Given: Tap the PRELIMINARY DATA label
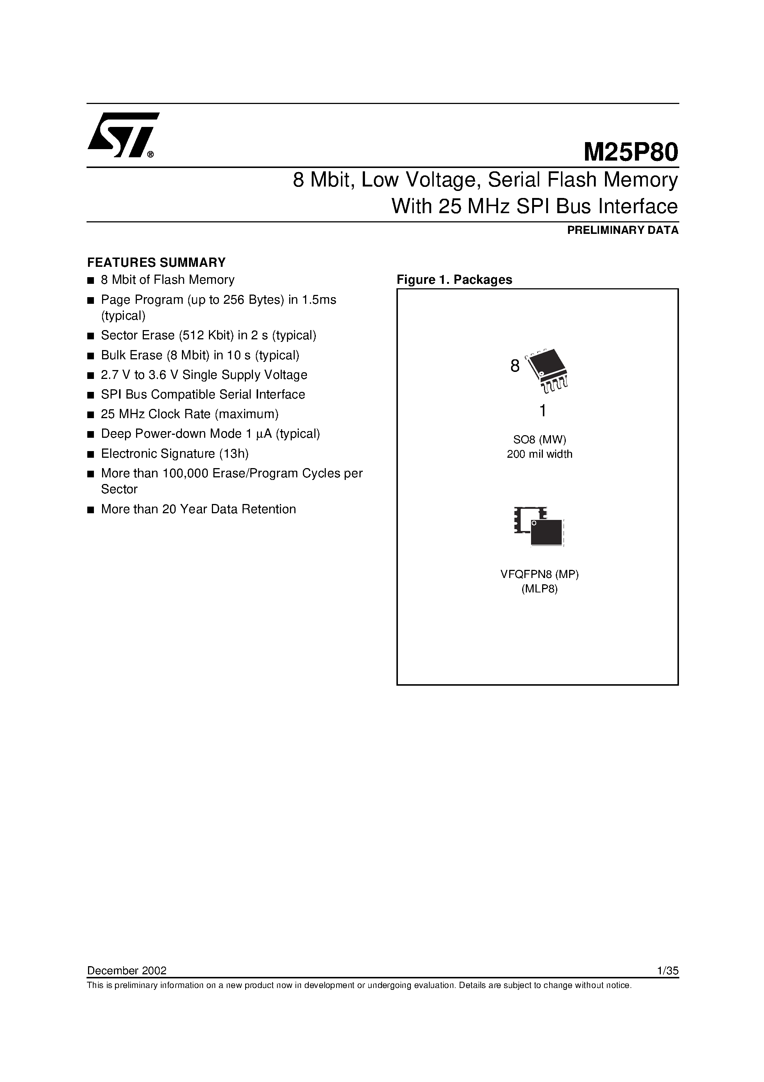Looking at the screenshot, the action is (x=623, y=231).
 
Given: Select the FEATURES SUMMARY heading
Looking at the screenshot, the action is (x=156, y=262).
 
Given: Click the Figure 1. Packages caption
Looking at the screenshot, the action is (x=454, y=279).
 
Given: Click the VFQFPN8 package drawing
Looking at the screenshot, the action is (x=539, y=527).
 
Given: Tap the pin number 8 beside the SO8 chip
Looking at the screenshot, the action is (x=515, y=366).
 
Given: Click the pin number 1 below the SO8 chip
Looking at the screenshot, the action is (x=542, y=411).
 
